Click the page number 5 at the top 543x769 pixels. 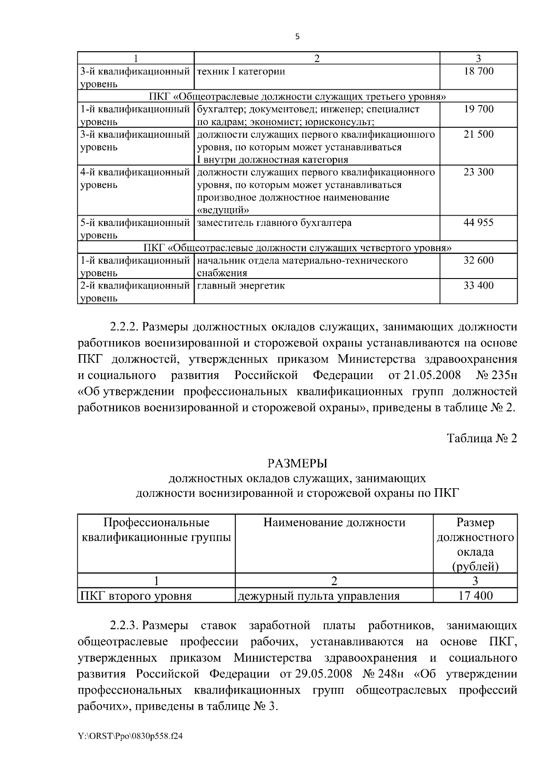297,37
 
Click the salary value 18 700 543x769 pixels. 478,71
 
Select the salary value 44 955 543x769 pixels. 478,222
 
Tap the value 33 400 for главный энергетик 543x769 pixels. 478,285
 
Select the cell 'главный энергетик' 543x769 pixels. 241,285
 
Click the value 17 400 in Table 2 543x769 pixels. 475,596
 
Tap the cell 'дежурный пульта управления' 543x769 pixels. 319,596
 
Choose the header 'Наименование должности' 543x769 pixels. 334,523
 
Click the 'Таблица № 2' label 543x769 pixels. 481,438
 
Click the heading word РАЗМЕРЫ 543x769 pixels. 297,463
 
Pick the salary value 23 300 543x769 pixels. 478,172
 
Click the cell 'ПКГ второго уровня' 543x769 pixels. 136,596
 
